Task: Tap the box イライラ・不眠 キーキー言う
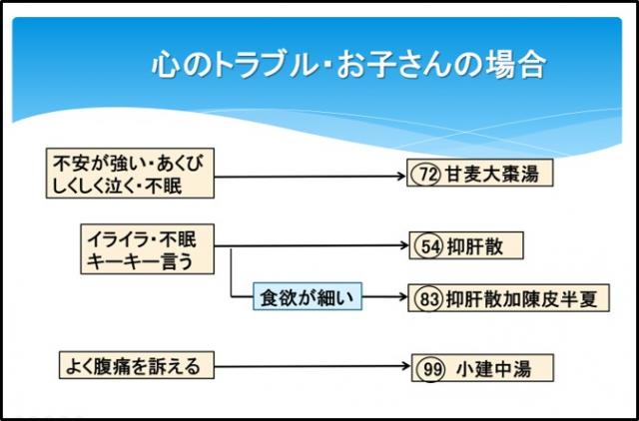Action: coord(147,249)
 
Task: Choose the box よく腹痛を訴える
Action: coord(134,366)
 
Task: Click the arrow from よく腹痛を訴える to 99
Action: coord(310,367)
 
